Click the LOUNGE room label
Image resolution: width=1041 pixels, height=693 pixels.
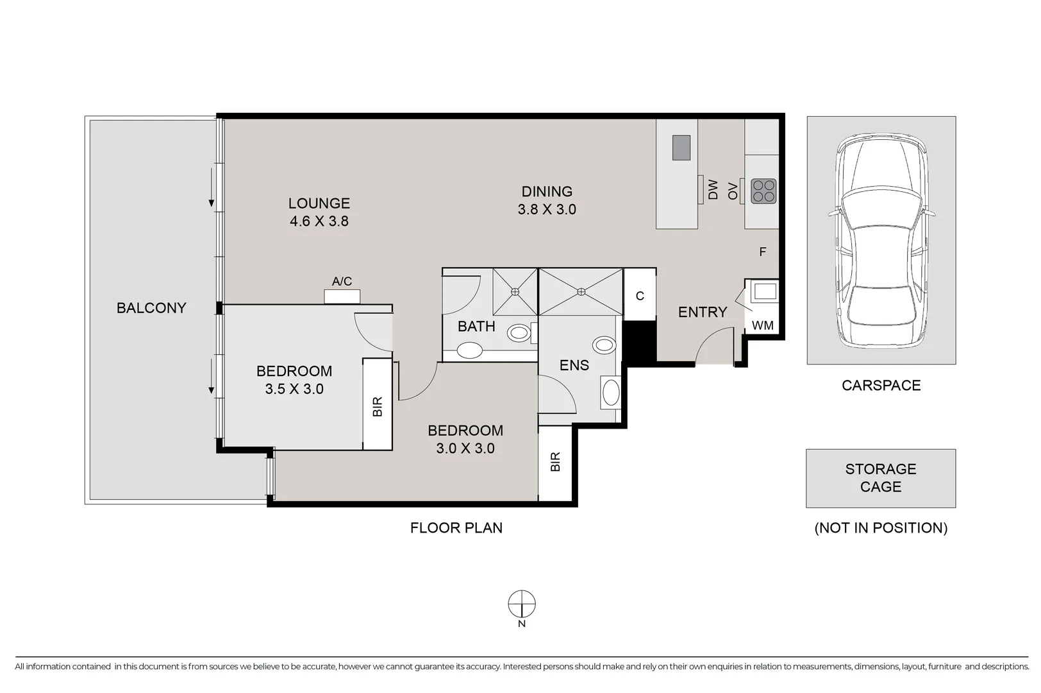pyautogui.click(x=319, y=203)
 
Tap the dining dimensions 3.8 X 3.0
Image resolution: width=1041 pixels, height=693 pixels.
pyautogui.click(x=547, y=210)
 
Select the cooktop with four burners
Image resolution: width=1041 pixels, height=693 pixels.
pyautogui.click(x=763, y=191)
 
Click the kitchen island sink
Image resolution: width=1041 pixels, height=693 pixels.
pyautogui.click(x=681, y=148)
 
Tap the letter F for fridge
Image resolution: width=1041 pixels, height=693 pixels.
pyautogui.click(x=762, y=252)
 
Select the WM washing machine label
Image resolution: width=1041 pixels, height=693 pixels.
pyautogui.click(x=762, y=326)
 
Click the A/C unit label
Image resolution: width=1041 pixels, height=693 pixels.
pyautogui.click(x=342, y=282)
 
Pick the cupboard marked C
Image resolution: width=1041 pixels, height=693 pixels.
pyautogui.click(x=640, y=296)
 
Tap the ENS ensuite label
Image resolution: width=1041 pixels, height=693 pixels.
pyautogui.click(x=574, y=366)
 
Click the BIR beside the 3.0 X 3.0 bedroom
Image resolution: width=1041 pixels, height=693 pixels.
pyautogui.click(x=555, y=462)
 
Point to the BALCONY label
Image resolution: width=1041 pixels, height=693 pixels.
pyautogui.click(x=151, y=308)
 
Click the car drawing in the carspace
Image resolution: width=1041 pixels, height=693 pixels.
pyautogui.click(x=881, y=241)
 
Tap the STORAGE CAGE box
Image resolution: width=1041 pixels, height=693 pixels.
pyautogui.click(x=880, y=478)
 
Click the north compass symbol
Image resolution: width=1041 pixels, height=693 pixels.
pyautogui.click(x=522, y=604)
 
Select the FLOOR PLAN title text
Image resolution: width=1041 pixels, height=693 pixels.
pyautogui.click(x=456, y=528)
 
